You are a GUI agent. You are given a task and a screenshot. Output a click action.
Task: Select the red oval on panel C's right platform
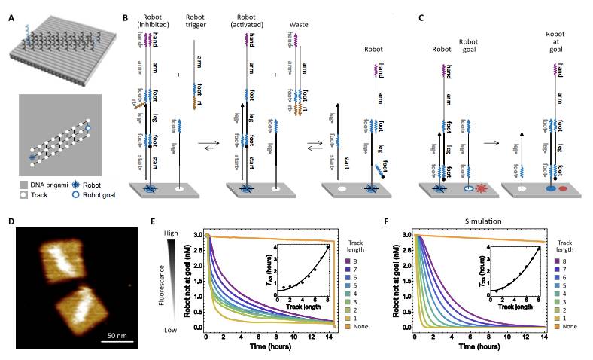566,185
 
